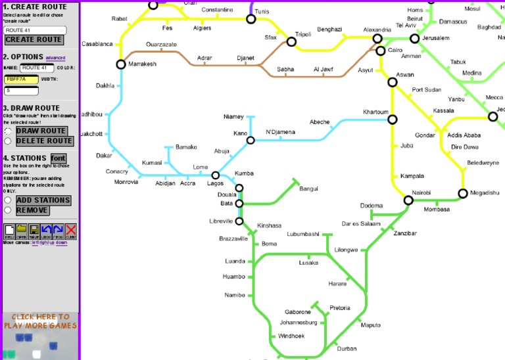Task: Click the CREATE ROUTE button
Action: point(34,39)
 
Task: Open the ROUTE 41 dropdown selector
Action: point(35,30)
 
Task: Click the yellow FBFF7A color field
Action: point(20,79)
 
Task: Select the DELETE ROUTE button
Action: point(44,141)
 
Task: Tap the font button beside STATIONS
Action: point(58,158)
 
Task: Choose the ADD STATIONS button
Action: point(43,200)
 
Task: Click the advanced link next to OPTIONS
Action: point(55,58)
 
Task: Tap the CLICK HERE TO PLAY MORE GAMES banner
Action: point(40,321)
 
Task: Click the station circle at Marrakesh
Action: point(121,64)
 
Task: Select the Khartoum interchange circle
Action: point(393,120)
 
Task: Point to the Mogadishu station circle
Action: point(462,193)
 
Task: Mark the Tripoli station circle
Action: point(291,42)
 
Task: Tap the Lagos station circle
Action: point(215,175)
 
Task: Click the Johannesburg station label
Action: point(298,323)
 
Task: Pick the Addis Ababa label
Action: point(464,135)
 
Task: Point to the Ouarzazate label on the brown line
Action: point(161,44)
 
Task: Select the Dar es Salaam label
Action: point(361,223)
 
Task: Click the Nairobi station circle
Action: point(408,200)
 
